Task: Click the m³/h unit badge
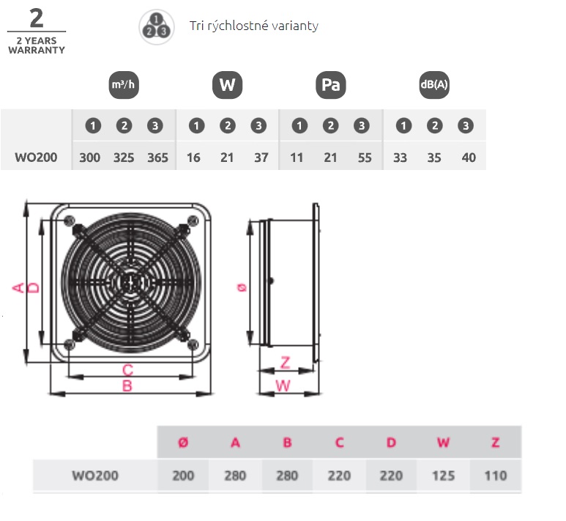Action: pos(123,85)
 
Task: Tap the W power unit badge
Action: pos(227,85)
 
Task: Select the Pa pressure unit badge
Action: pos(331,85)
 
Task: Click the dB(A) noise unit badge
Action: pos(433,85)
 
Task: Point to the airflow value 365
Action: pos(157,158)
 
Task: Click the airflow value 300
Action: pos(89,158)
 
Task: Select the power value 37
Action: pos(261,158)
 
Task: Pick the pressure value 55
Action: pos(365,158)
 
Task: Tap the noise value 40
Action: pos(469,158)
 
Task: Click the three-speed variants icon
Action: pos(155,26)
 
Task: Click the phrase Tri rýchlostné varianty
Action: pos(253,26)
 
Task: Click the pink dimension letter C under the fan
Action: pos(127,369)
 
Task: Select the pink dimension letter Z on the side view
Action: pos(286,362)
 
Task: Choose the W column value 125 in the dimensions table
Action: pos(444,476)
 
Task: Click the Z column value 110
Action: pos(496,476)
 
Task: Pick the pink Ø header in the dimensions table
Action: pos(183,442)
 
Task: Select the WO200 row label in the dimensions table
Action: pos(95,476)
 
